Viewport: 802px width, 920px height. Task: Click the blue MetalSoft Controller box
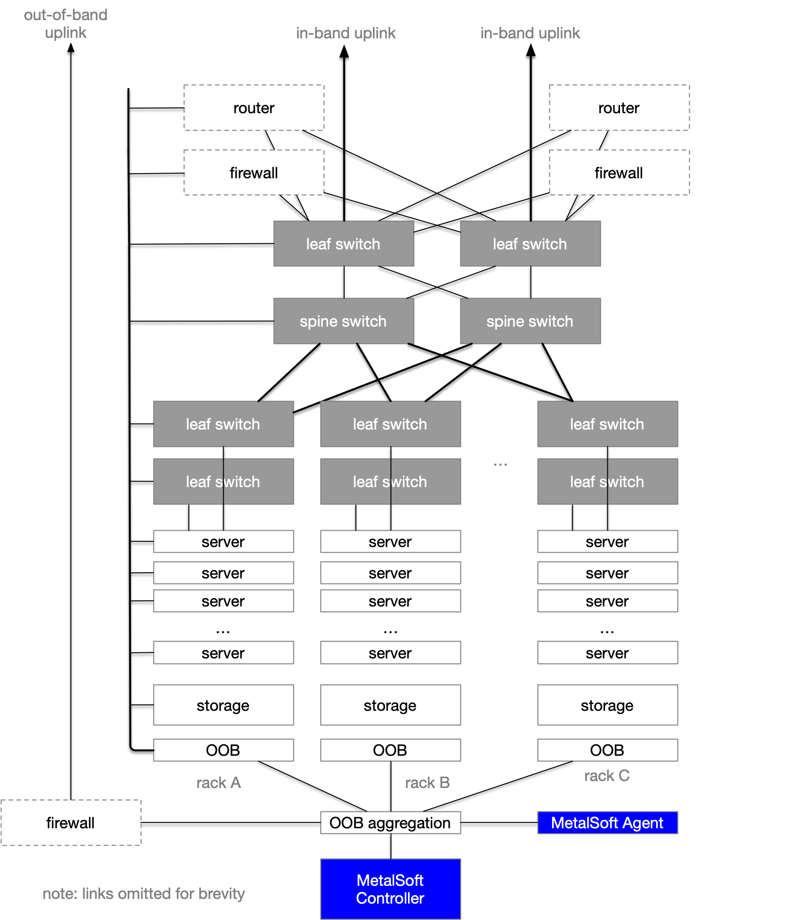click(x=390, y=889)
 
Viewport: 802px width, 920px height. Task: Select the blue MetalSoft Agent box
click(x=607, y=823)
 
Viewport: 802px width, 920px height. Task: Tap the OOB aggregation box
click(x=390, y=823)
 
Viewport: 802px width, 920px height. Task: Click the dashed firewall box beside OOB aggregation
click(x=71, y=823)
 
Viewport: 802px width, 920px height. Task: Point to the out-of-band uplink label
click(x=66, y=24)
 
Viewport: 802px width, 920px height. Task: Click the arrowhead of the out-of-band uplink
click(x=71, y=47)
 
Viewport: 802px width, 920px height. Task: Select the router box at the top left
click(x=254, y=108)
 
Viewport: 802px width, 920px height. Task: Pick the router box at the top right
click(x=619, y=108)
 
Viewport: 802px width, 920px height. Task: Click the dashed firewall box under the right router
click(x=619, y=173)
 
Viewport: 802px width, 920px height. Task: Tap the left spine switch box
click(x=343, y=321)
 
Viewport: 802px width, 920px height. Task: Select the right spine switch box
click(x=530, y=321)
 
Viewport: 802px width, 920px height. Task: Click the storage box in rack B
click(x=390, y=705)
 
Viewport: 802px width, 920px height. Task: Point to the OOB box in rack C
click(x=607, y=750)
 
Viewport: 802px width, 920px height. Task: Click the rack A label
click(x=219, y=782)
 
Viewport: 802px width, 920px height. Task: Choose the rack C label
click(x=607, y=775)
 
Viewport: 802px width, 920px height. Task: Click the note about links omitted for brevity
click(x=144, y=893)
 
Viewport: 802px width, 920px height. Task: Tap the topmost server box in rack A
click(x=223, y=541)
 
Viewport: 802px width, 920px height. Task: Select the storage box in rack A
click(x=223, y=705)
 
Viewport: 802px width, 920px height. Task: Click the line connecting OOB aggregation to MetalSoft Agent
click(x=499, y=823)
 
